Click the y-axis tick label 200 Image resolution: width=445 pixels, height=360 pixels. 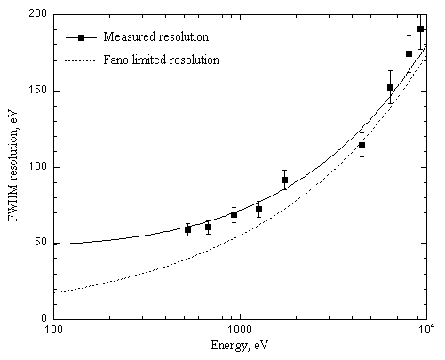point(37,13)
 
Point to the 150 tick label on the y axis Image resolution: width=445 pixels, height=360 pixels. point(38,90)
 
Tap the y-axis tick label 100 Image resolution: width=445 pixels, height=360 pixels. point(38,166)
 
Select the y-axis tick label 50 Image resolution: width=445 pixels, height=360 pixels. point(41,242)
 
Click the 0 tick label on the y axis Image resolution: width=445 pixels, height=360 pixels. point(44,318)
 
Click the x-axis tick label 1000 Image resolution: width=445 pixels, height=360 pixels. point(240,329)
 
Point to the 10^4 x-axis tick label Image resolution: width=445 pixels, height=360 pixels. point(426,328)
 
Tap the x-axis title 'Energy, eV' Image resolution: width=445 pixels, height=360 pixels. point(240,346)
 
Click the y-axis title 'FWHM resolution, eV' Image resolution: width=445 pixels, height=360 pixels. point(13,166)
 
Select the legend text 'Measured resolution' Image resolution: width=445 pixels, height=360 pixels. point(156,36)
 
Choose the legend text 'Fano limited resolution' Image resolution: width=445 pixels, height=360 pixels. point(162,60)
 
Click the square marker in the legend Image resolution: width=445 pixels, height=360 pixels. point(81,37)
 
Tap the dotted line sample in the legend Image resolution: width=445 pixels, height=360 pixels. point(80,61)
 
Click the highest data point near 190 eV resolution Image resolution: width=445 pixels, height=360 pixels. point(420,28)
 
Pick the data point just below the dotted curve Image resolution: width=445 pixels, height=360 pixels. point(362,145)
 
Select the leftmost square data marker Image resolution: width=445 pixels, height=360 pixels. point(187,229)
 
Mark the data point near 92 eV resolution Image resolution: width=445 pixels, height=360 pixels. point(284,180)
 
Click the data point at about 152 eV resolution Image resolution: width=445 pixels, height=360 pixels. point(390,87)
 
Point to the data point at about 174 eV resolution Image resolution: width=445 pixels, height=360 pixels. point(409,53)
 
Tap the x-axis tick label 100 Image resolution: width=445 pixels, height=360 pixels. point(53,329)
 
